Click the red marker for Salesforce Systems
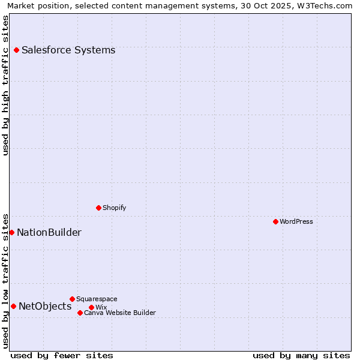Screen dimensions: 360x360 [16, 50]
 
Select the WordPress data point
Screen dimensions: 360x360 [275, 222]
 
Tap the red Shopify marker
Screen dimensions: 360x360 [98, 208]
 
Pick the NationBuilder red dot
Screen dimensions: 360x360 [11, 233]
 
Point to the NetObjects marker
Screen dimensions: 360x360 [13, 307]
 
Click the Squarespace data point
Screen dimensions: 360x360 [72, 299]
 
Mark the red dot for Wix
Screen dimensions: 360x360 [91, 308]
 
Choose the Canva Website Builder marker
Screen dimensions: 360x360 [80, 313]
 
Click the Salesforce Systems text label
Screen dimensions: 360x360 [68, 50]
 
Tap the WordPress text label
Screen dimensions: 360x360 [296, 222]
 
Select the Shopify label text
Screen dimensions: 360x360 [114, 208]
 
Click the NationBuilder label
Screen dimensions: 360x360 [49, 233]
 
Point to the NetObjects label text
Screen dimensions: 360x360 [45, 307]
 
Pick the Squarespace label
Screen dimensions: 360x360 [97, 299]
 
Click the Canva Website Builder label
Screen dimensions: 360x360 [120, 313]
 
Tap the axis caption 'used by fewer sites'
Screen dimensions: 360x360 [62, 355]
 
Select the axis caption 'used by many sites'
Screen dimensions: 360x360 [301, 355]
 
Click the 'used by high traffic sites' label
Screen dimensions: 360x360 [6, 85]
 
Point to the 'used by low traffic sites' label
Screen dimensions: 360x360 [6, 280]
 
